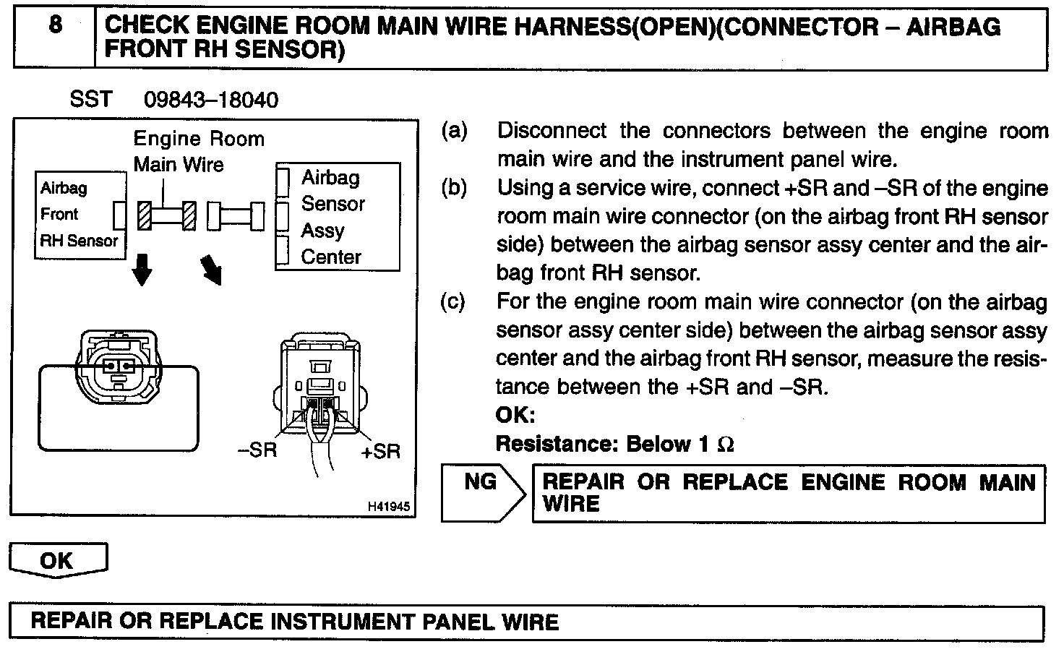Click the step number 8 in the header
[x=55, y=26]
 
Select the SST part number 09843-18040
[x=210, y=100]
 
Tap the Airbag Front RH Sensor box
[x=80, y=215]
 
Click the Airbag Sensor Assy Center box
[x=337, y=217]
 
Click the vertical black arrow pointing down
[x=143, y=269]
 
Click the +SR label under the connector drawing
[x=380, y=451]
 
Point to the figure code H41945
[x=389, y=507]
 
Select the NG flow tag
[x=481, y=481]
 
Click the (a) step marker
[x=454, y=131]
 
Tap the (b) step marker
[x=454, y=188]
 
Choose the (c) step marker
[x=453, y=301]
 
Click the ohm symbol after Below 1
[x=725, y=445]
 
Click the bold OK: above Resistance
[x=515, y=416]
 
